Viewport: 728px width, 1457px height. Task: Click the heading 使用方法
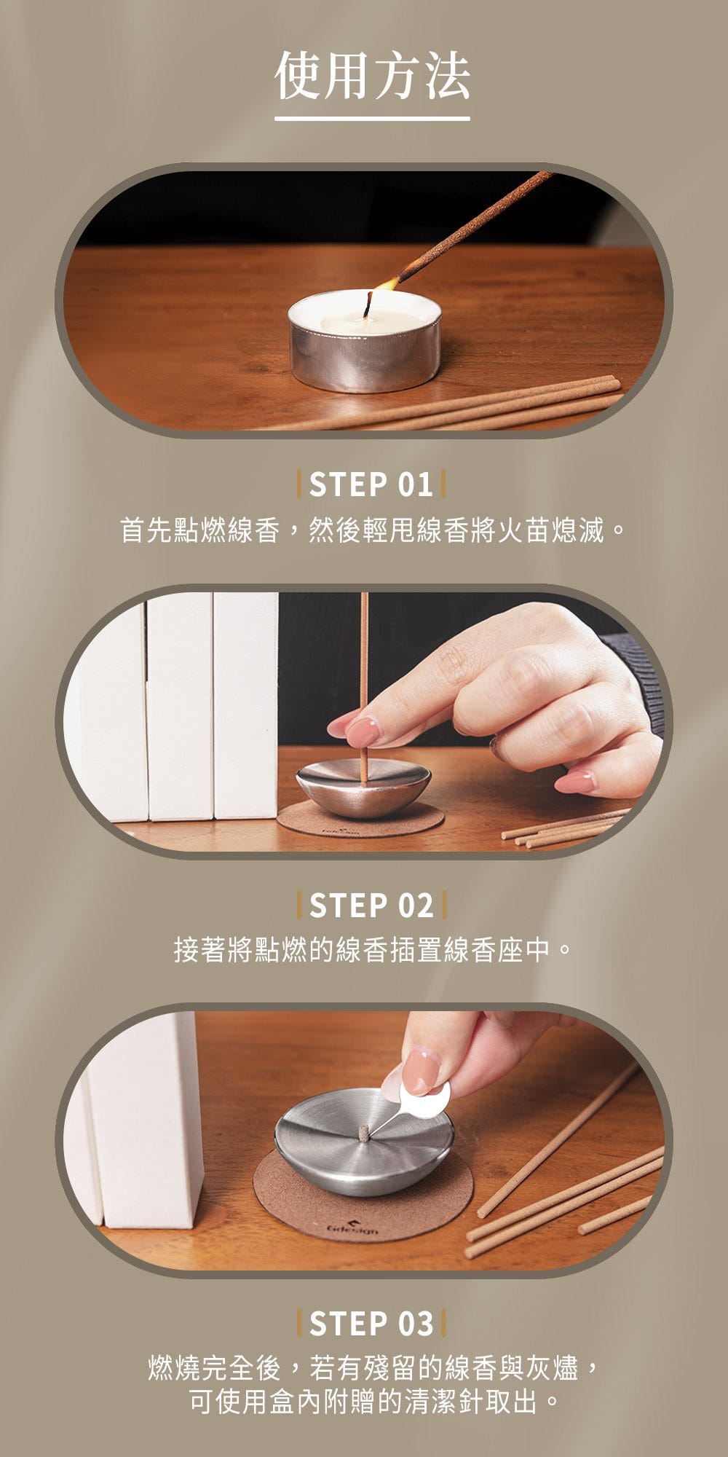tap(372, 76)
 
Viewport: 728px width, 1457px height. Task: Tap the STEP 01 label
tap(371, 485)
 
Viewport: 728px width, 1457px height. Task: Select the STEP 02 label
tap(371, 906)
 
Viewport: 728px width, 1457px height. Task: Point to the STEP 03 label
tap(371, 1324)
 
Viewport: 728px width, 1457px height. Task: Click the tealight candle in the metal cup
tap(364, 339)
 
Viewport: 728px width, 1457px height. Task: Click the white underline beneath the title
tap(372, 118)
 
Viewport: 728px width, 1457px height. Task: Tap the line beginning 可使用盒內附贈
tap(372, 1401)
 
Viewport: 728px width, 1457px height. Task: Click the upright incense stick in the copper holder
tap(364, 688)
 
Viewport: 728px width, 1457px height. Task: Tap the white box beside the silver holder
tap(142, 1118)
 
